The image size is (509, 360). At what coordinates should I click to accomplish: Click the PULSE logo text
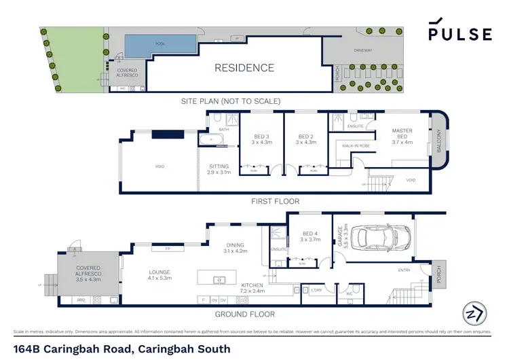[x=460, y=34]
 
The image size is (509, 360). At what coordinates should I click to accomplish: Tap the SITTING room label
[x=219, y=169]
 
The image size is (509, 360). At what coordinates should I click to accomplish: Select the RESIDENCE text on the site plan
[x=244, y=68]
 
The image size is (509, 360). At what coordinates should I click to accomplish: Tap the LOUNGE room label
[x=162, y=274]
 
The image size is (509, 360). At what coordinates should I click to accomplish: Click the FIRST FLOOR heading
[x=276, y=201]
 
